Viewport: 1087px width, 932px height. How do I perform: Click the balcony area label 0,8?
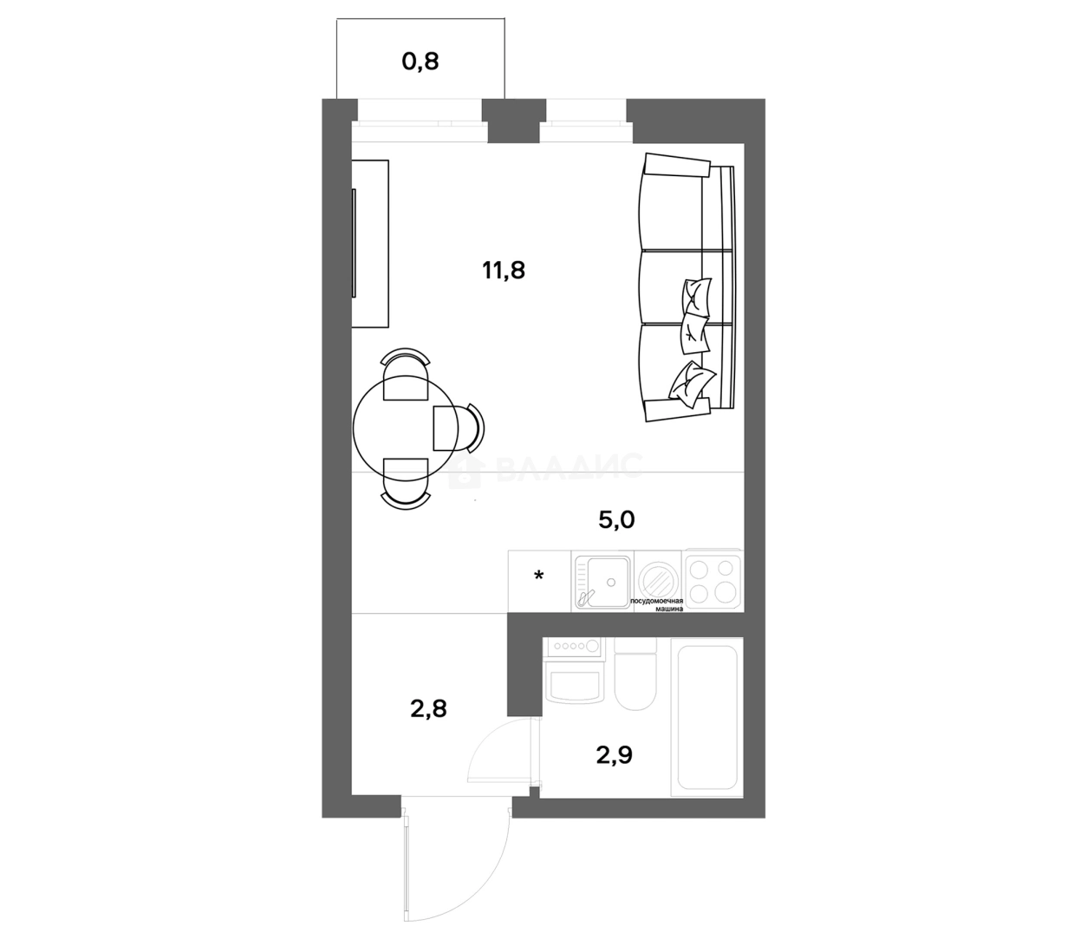420,62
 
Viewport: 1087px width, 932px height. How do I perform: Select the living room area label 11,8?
504,270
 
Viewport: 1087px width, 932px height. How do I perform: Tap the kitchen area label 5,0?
616,520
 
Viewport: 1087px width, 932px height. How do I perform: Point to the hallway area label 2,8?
428,709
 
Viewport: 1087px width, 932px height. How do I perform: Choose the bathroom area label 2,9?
614,755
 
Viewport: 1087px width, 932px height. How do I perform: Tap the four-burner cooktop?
713,578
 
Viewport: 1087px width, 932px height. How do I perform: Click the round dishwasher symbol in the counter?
658,577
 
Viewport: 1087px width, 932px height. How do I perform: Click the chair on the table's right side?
458,427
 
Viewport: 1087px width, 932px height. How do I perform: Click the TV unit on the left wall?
370,244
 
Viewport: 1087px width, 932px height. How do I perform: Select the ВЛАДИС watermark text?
568,468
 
